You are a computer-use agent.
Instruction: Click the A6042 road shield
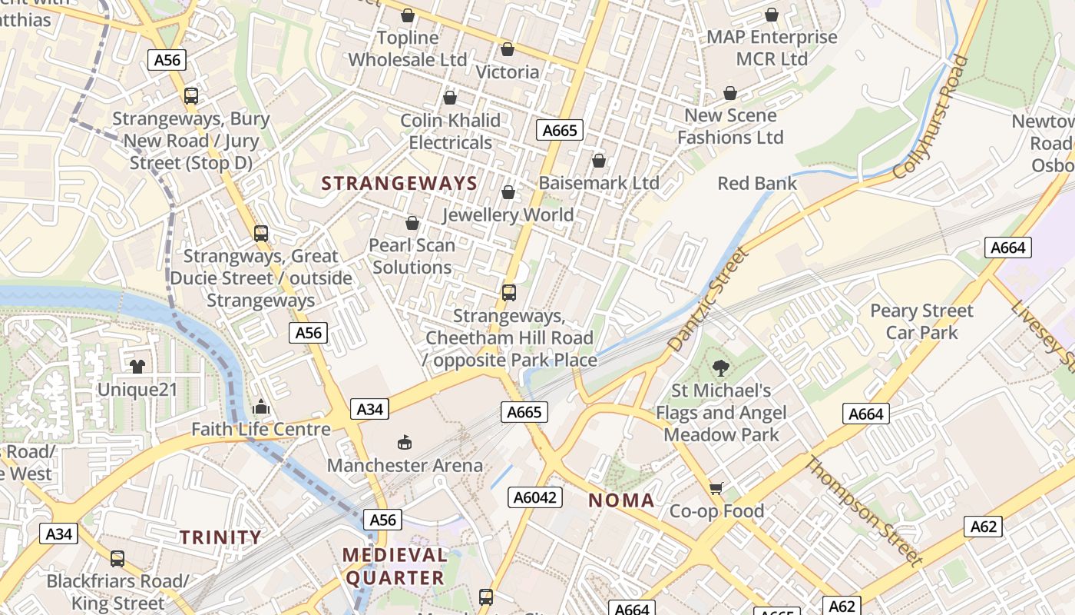tap(535, 497)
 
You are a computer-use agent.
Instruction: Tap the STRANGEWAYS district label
tap(399, 183)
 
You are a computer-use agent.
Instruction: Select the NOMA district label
tap(621, 500)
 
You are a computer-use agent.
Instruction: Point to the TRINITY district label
tap(220, 537)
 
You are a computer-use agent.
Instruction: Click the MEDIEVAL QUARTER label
tap(394, 566)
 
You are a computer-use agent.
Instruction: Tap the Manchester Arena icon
tap(405, 442)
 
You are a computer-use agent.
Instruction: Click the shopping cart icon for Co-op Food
tap(716, 488)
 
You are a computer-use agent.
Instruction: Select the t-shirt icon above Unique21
tap(137, 366)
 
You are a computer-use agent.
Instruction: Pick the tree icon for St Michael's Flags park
tap(720, 367)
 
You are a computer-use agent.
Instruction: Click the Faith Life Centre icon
tap(261, 406)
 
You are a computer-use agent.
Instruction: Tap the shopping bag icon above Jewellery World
tap(508, 192)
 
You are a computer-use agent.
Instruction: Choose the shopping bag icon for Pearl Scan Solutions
tap(412, 223)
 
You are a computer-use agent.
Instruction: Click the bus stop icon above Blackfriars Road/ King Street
tap(117, 559)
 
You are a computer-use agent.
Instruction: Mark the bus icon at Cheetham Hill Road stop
tap(509, 293)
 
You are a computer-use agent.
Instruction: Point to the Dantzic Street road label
tap(707, 300)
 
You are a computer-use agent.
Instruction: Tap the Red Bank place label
tap(757, 183)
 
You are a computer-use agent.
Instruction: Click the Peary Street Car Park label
tap(921, 321)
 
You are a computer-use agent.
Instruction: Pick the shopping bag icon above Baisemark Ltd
tap(598, 161)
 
